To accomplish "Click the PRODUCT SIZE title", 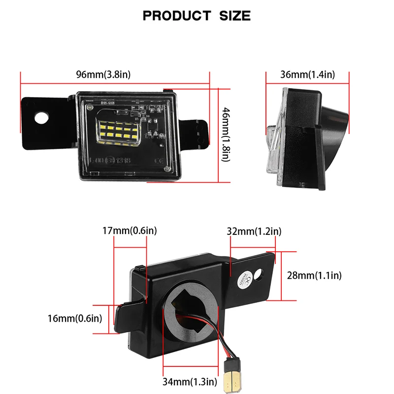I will (x=197, y=16).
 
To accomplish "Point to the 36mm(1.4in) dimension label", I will (x=307, y=74).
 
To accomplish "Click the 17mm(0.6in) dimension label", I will (x=131, y=230).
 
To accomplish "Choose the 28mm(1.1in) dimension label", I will (x=314, y=275).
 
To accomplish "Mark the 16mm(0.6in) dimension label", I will (x=75, y=318).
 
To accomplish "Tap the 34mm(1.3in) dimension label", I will (x=190, y=381).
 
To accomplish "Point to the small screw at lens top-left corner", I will (x=90, y=106).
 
